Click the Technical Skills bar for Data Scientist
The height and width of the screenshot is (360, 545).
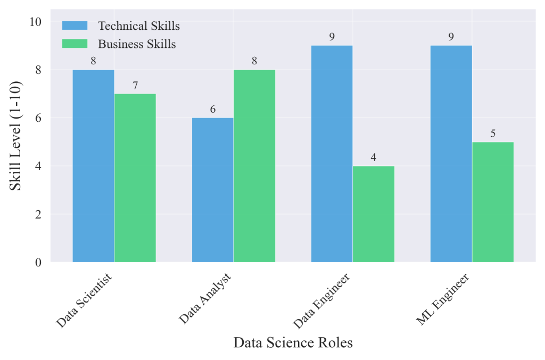tap(93, 166)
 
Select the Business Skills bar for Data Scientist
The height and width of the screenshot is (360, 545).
tap(135, 178)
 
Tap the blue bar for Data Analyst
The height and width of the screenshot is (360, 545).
tap(212, 190)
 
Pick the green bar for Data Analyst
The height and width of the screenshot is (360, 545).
tap(254, 166)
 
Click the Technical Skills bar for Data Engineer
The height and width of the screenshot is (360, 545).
tap(332, 154)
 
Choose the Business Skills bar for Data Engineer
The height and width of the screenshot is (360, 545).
tap(374, 214)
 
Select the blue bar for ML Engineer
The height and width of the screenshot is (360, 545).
tap(451, 154)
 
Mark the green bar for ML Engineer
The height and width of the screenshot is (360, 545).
tap(493, 202)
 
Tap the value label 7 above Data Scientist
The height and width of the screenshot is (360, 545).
tap(135, 85)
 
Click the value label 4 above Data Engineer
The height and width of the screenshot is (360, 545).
tap(374, 157)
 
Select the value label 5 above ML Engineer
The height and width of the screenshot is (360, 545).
tap(493, 133)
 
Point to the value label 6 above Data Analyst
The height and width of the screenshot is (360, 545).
tap(212, 110)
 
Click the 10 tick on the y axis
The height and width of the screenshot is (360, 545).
tap(36, 22)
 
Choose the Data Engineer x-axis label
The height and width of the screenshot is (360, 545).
tap(323, 300)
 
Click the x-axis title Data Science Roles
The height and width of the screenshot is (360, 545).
tap(293, 343)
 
